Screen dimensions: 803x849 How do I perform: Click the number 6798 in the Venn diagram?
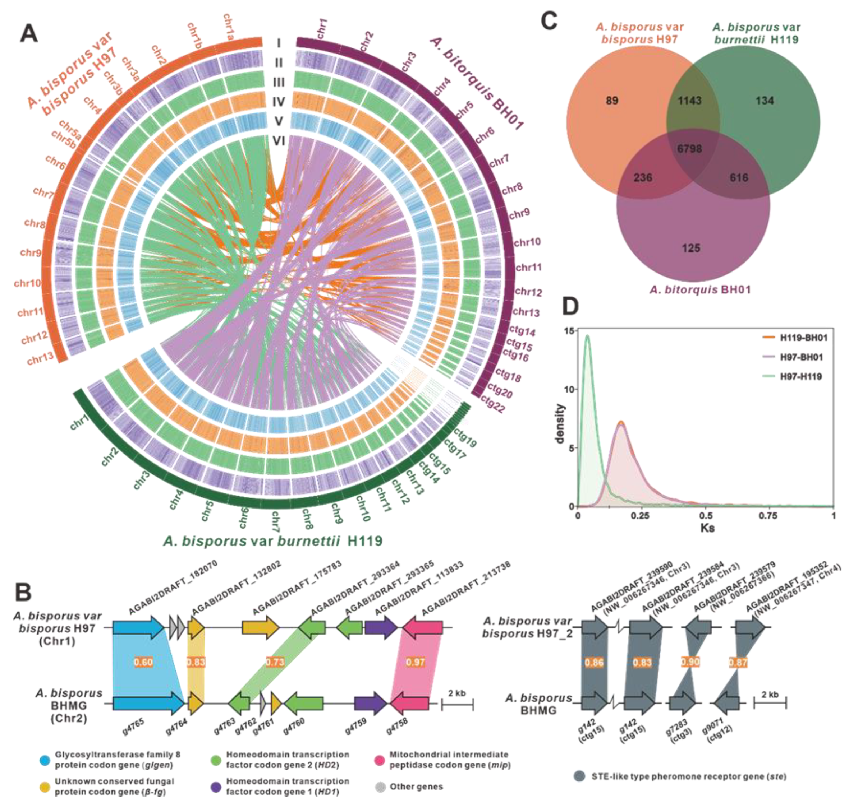coord(689,149)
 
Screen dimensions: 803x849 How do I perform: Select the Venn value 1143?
coord(689,101)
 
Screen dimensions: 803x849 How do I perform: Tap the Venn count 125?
coord(690,248)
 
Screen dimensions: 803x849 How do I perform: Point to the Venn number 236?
coord(643,178)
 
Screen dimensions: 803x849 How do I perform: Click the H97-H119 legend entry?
coord(800,377)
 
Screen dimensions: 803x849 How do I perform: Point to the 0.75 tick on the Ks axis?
coord(768,516)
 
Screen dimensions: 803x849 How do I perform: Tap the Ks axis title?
coord(707,528)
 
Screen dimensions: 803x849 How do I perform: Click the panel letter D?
coord(570,306)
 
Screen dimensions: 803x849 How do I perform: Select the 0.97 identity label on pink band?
coord(415,662)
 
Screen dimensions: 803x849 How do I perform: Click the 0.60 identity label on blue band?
coord(143,662)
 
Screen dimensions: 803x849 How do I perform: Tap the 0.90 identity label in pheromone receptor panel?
coord(690,662)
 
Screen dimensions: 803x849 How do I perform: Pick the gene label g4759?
coord(355,727)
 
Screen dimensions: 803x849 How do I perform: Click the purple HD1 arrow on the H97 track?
coord(381,628)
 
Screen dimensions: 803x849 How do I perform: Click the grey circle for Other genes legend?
coord(380,787)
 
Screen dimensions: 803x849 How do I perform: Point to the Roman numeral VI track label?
coord(279,140)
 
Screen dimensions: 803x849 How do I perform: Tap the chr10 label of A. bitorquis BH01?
coord(527,242)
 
